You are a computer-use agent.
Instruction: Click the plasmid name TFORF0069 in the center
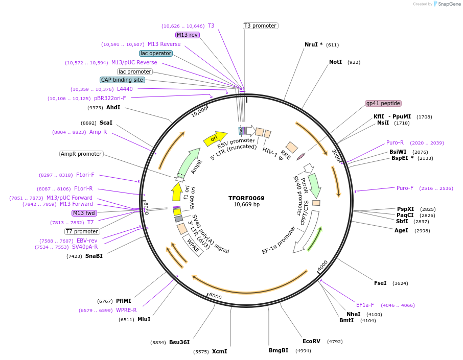(246, 198)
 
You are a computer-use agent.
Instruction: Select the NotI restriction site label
(335, 62)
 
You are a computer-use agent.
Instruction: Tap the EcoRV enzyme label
(311, 341)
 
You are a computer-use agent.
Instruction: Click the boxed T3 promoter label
(260, 26)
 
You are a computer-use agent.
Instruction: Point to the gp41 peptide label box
(383, 103)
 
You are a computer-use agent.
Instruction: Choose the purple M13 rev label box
(187, 35)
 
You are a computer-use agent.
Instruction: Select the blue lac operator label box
(156, 53)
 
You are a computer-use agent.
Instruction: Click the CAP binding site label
(122, 80)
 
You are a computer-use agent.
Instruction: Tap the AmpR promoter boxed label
(81, 154)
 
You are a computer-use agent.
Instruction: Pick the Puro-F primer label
(405, 188)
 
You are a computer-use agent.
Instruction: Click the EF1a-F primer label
(365, 305)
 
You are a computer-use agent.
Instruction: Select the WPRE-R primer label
(126, 310)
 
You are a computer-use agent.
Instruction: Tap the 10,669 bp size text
(246, 205)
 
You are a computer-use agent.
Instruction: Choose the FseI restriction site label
(380, 283)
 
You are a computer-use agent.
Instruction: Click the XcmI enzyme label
(219, 351)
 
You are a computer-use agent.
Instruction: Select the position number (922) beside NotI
(354, 62)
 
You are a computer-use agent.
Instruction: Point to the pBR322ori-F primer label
(110, 98)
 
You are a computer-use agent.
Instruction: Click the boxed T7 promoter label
(82, 231)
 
